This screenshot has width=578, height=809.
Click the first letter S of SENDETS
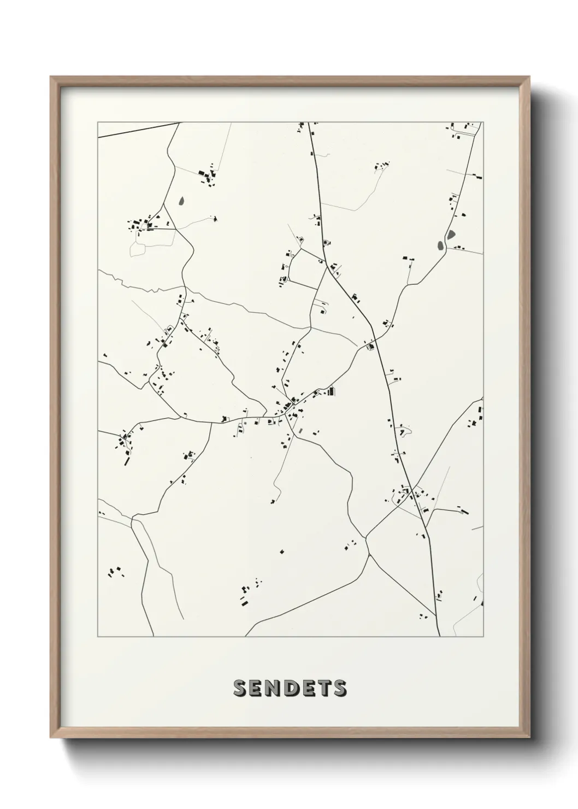coord(240,688)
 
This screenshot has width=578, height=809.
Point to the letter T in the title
coord(324,688)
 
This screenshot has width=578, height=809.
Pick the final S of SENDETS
coord(340,688)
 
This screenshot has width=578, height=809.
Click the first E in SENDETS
coord(256,688)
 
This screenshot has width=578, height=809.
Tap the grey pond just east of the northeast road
coord(451,235)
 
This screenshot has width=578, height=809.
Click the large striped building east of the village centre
coord(331,391)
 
